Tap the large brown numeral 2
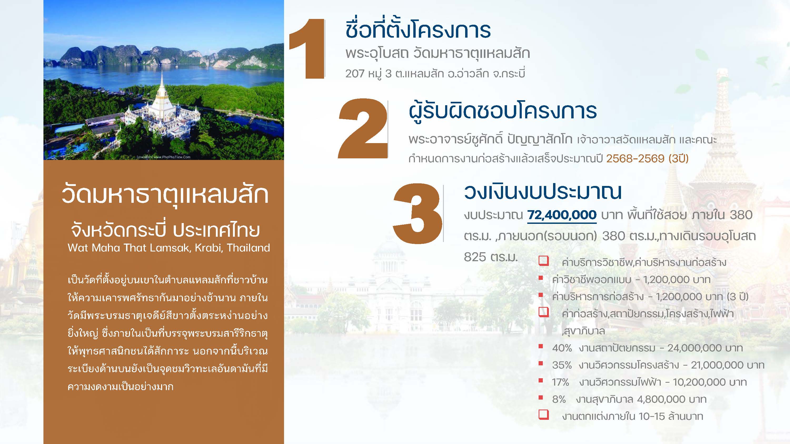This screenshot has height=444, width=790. coord(362,129)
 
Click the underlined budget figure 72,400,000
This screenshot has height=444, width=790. coord(562,215)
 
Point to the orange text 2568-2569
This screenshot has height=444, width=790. coord(635,159)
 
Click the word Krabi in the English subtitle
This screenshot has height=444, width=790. coord(208,248)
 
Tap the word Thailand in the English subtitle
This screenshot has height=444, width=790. coord(249,248)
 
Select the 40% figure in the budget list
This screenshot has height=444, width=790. coord(562,348)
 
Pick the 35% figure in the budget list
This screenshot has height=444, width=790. coord(562,365)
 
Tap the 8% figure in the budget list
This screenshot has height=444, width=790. coord(559,400)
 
